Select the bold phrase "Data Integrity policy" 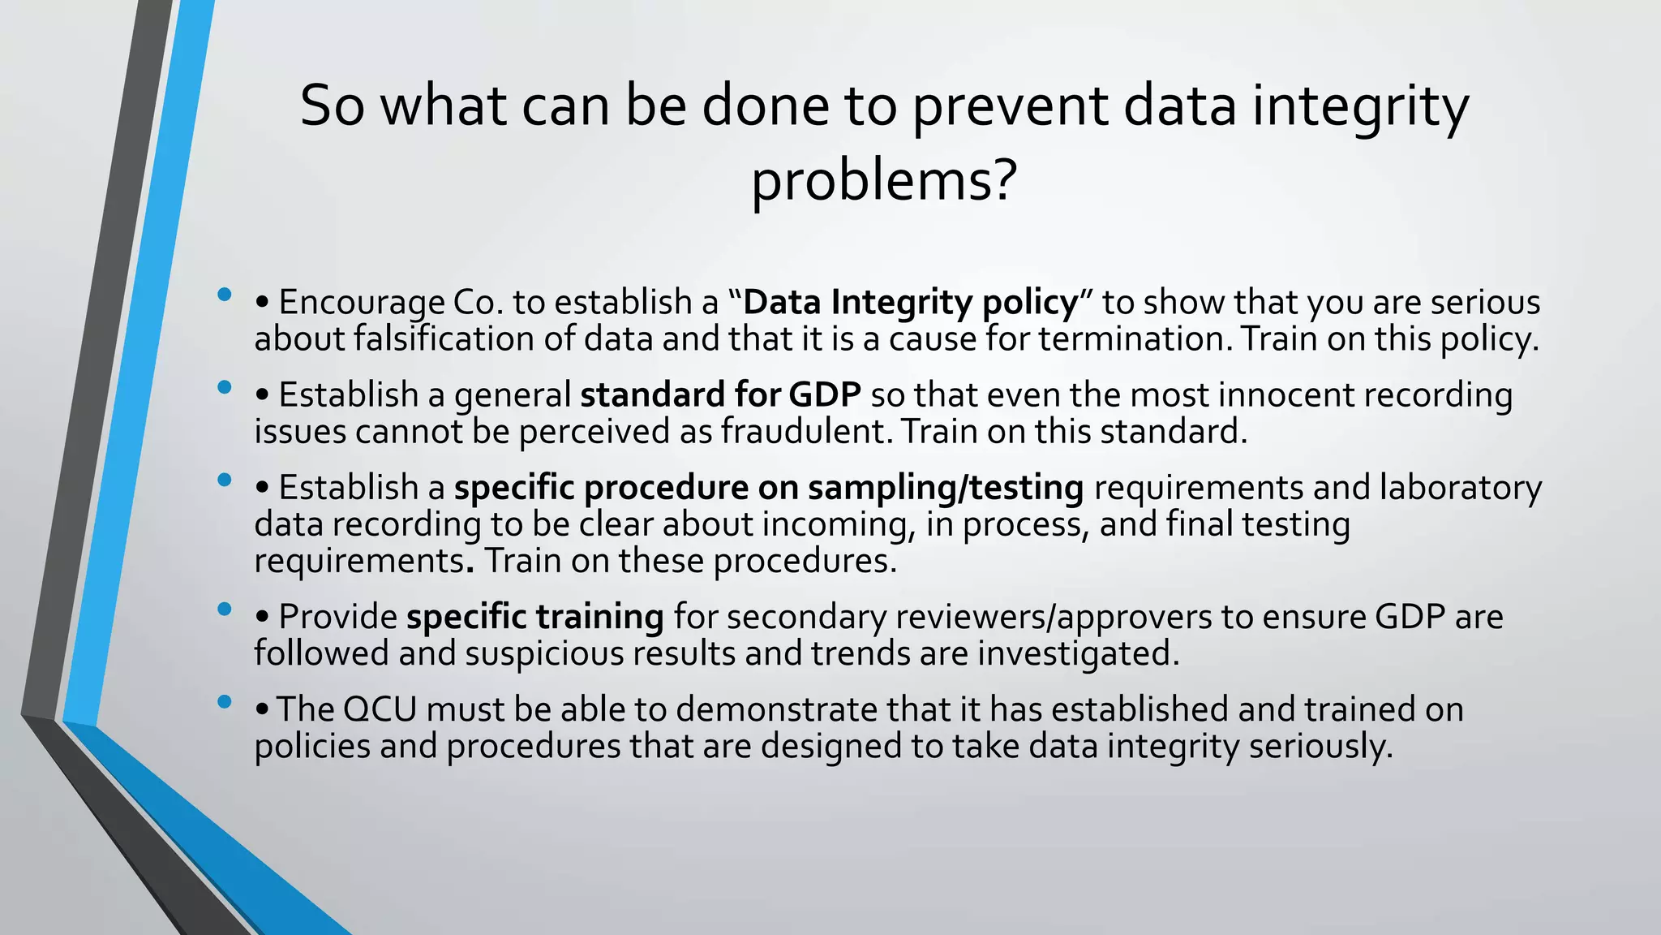[911, 303]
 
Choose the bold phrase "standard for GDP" [720, 395]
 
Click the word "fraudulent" [806, 431]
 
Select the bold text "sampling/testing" [946, 488]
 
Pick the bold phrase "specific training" [535, 617]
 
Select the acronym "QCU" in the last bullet [380, 709]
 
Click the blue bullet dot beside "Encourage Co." [225, 294]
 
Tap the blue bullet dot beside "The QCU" [225, 701]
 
